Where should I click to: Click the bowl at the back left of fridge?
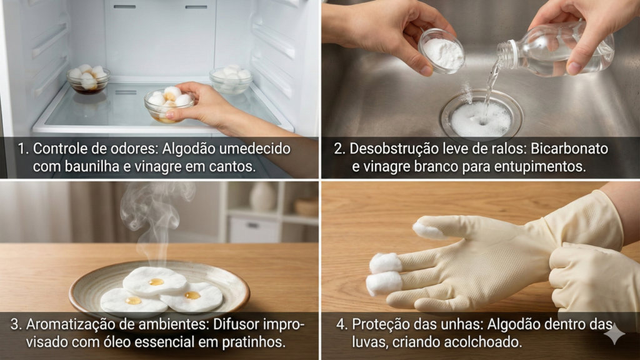[88, 79]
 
